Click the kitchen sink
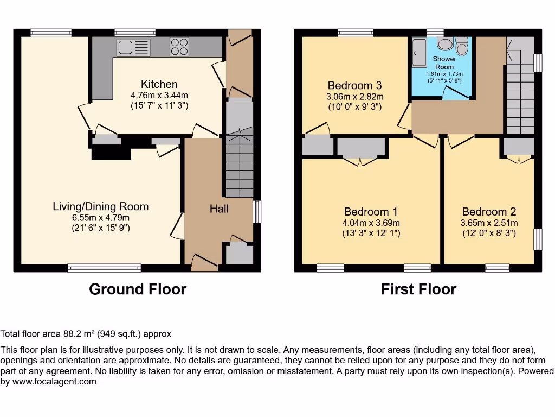[x=133, y=47]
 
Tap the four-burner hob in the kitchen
[x=179, y=47]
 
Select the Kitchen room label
[x=159, y=84]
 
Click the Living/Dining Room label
[x=100, y=206]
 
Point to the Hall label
[x=219, y=208]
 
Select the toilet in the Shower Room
[x=462, y=47]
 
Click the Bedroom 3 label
[x=354, y=85]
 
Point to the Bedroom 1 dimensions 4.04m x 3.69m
[x=371, y=223]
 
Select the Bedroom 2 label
[x=489, y=212]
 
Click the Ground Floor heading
[x=138, y=289]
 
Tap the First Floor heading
[x=418, y=289]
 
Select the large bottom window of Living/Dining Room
[x=105, y=267]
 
